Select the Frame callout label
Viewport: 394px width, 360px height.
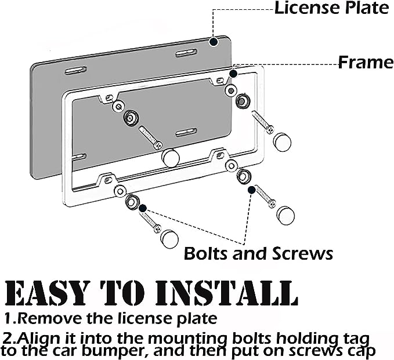coord(365,62)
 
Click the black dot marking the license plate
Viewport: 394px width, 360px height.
coord(214,42)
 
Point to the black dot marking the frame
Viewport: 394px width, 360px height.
coord(233,74)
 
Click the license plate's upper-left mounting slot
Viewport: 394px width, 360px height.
coord(76,71)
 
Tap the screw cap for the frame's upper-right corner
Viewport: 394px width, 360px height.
coord(282,141)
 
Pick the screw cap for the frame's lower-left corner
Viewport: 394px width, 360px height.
coord(169,239)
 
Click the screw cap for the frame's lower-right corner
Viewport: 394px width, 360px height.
coord(285,215)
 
